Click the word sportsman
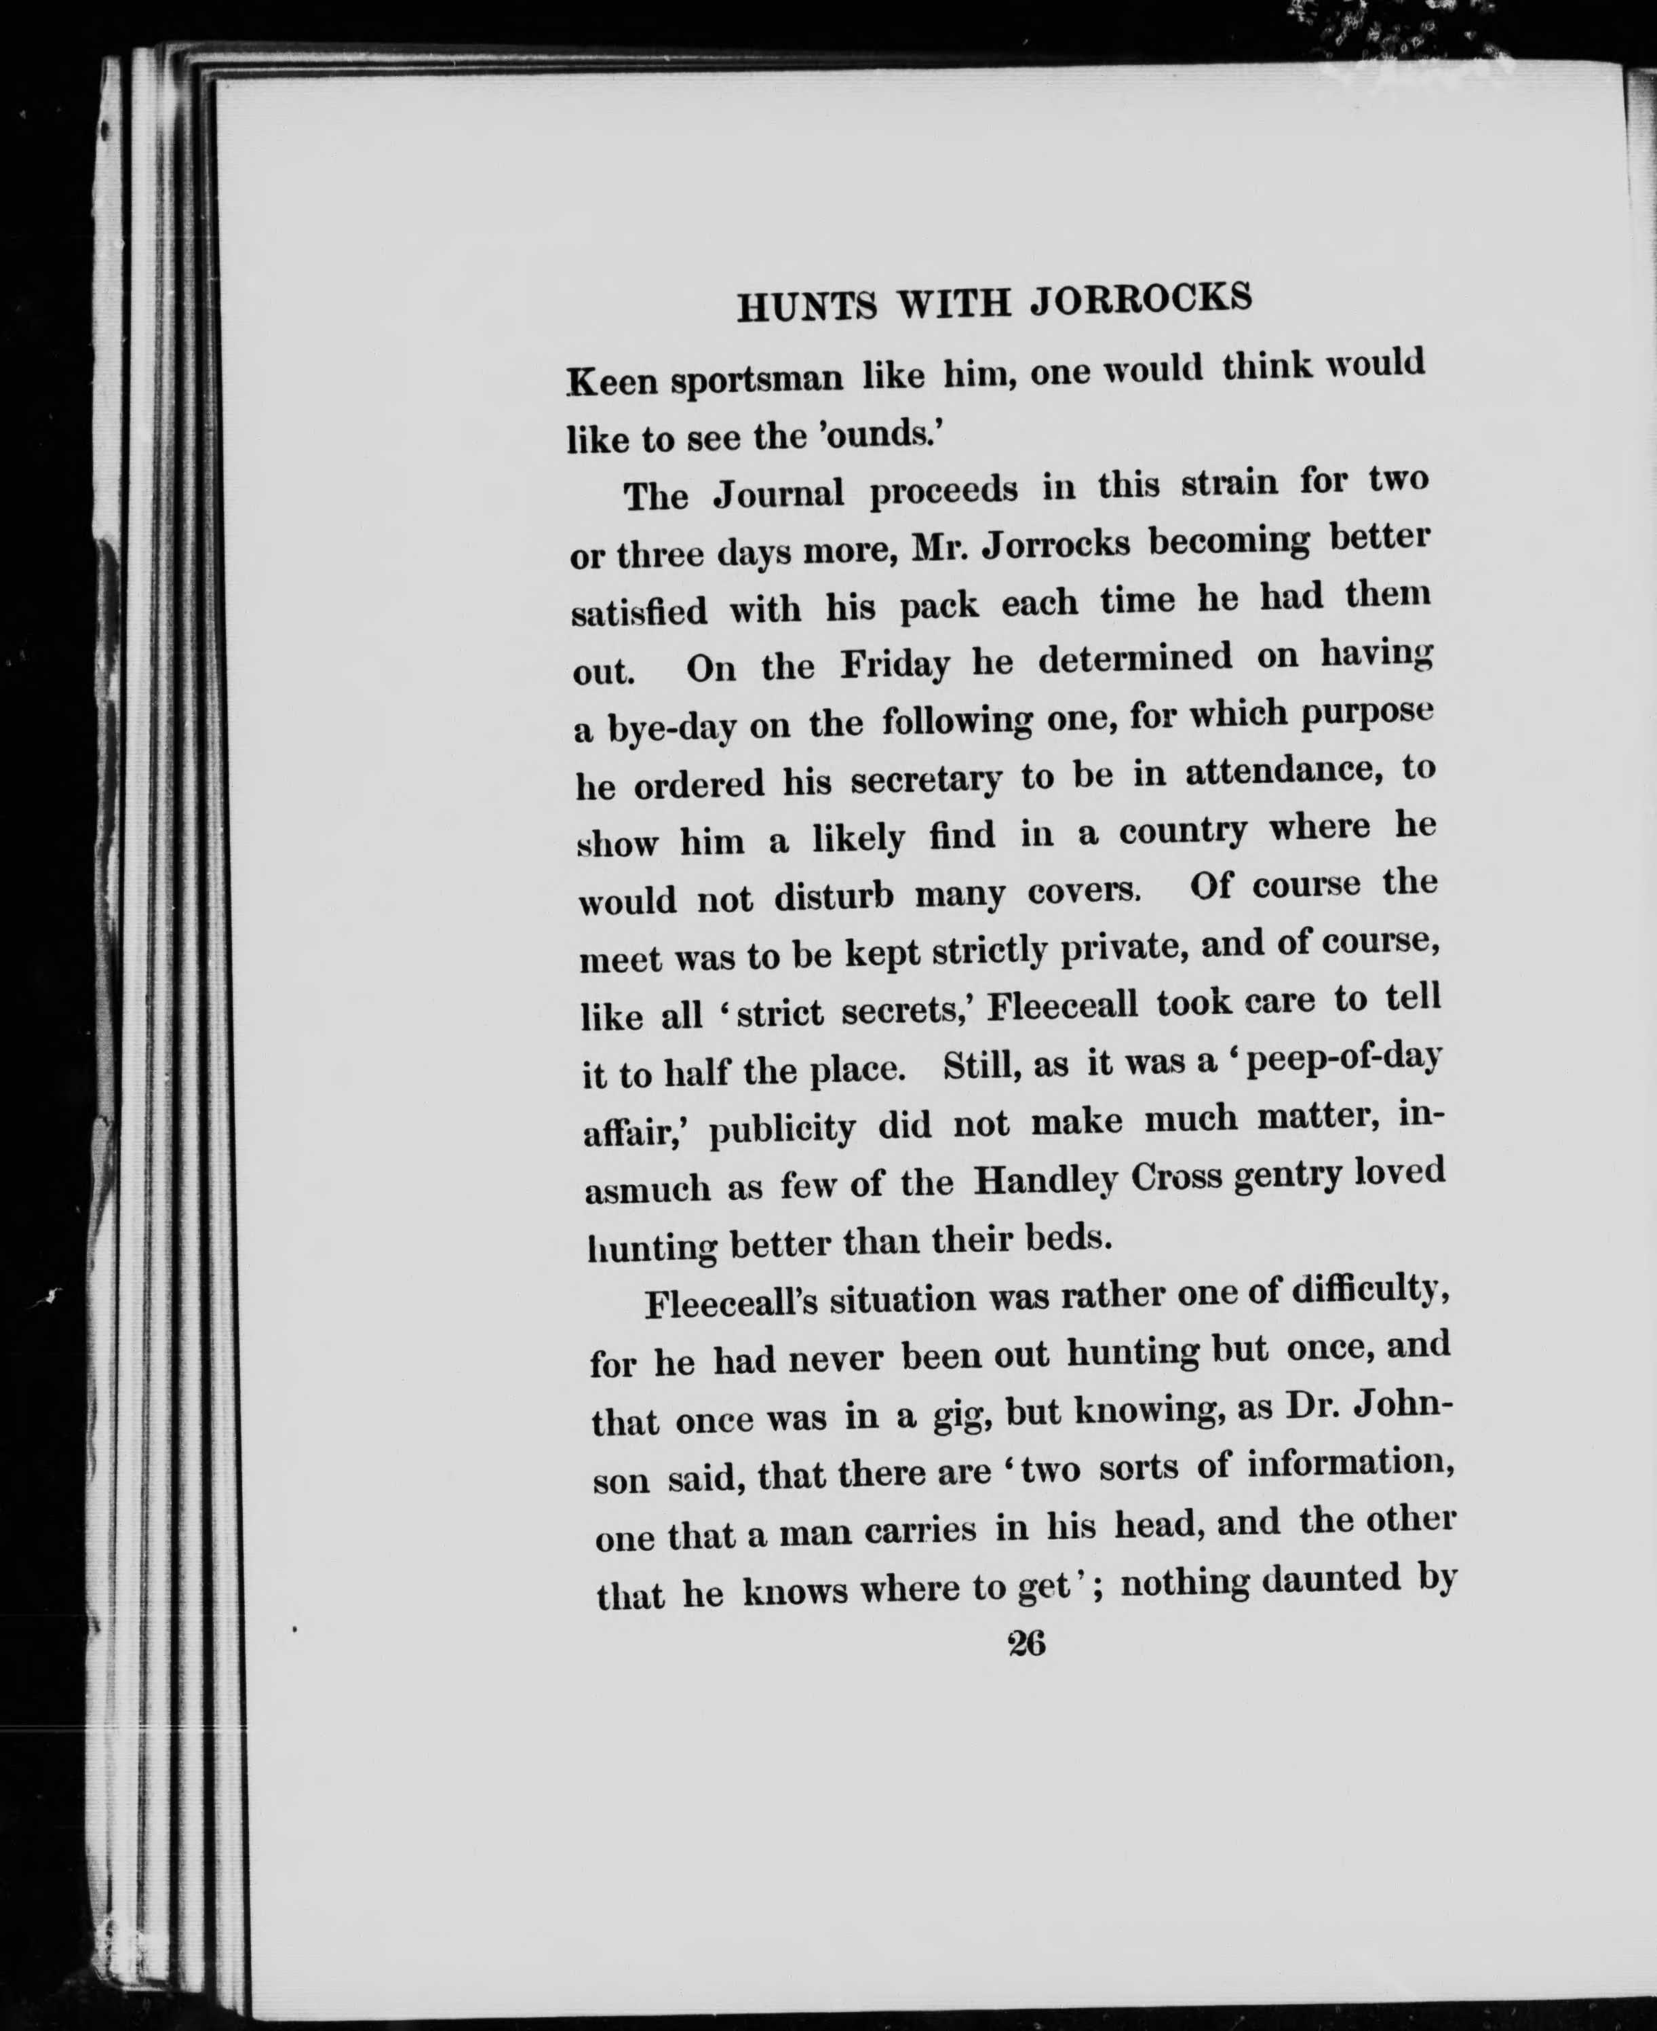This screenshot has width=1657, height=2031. click(x=756, y=379)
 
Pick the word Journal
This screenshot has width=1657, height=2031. click(x=779, y=492)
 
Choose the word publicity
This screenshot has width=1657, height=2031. click(x=781, y=1129)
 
